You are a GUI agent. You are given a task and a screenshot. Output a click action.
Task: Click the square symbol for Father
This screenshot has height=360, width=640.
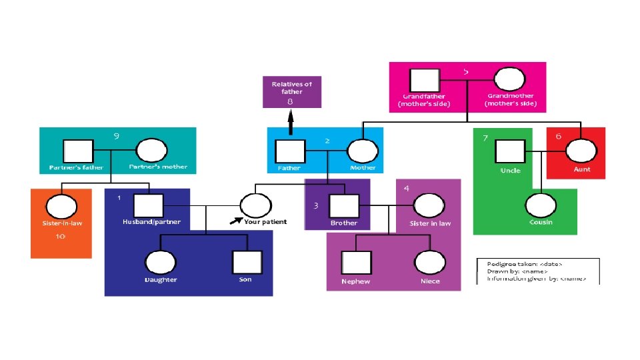[x=290, y=151]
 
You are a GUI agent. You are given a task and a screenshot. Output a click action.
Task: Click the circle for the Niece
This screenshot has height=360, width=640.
[x=429, y=262]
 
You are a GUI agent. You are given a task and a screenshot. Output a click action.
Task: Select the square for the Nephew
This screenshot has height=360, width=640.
[x=356, y=263]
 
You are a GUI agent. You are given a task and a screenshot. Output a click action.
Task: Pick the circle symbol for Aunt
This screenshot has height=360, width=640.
[x=577, y=151]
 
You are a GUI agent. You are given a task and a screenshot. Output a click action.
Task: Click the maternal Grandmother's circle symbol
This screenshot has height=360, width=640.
[x=509, y=81]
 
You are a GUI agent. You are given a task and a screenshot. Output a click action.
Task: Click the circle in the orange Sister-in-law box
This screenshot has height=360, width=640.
[x=58, y=205]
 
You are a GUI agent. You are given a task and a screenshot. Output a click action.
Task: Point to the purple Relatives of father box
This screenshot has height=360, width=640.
[x=292, y=92]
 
